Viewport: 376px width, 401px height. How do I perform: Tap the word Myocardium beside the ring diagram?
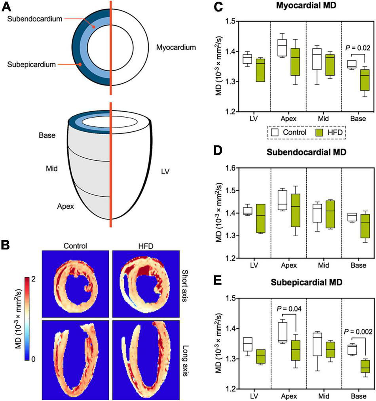tap(176, 48)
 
